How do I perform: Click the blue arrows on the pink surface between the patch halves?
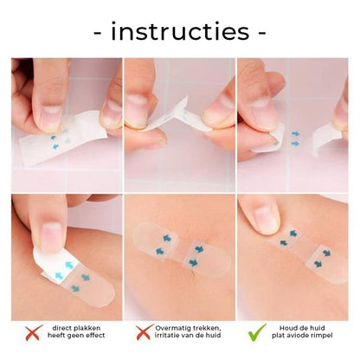tap(295, 138)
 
